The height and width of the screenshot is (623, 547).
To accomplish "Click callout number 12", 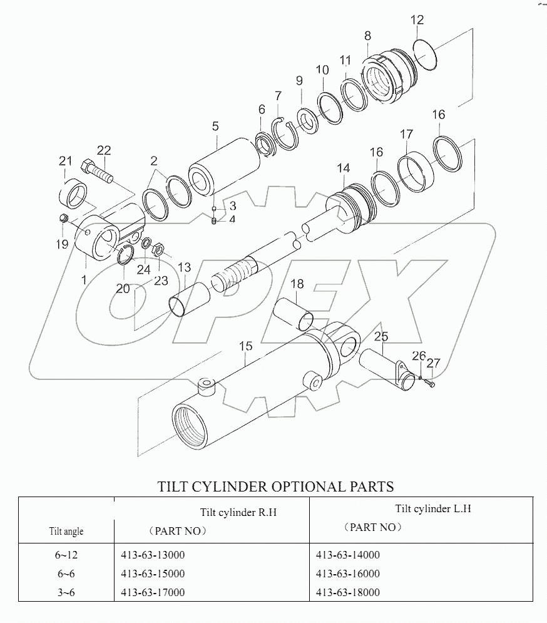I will click(417, 20).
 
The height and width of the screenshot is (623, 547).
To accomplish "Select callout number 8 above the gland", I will click(367, 36).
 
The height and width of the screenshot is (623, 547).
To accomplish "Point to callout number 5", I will click(215, 126).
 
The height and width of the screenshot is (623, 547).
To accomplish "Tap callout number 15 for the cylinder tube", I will click(245, 346).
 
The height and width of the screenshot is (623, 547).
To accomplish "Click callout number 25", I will click(381, 337).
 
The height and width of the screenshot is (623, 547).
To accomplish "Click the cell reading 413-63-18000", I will click(347, 592).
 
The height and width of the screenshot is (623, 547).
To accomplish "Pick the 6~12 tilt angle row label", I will click(66, 555).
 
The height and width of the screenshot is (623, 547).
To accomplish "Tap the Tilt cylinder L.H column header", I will click(432, 508).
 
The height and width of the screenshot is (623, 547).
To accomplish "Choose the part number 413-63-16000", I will click(347, 574).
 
